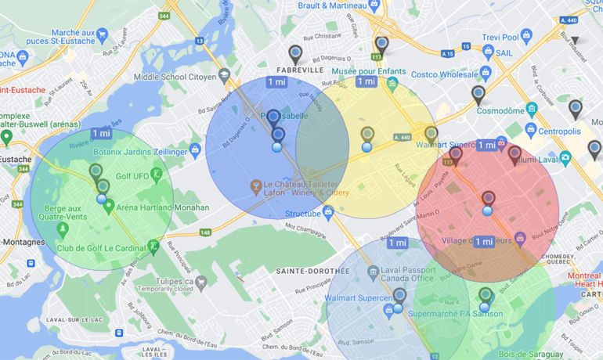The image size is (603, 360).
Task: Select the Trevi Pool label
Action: [500, 37]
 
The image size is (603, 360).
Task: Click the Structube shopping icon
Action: [328, 211]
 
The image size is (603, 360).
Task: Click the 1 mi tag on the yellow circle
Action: [366, 81]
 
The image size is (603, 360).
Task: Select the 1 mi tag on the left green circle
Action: [101, 134]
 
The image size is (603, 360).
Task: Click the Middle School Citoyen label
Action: [174, 77]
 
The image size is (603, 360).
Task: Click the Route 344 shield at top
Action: [164, 15]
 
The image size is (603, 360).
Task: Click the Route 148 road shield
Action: [205, 232]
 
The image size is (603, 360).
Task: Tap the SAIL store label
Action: [506, 52]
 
